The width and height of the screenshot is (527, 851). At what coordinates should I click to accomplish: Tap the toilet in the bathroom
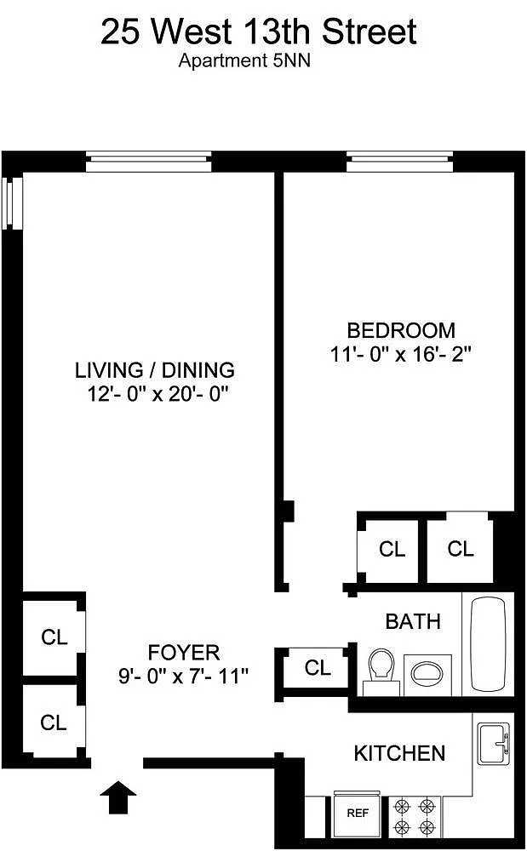382,671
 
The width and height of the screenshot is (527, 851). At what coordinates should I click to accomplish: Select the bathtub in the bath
488,643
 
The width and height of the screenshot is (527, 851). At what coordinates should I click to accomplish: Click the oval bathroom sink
427,673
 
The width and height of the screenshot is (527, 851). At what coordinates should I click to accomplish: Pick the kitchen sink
493,744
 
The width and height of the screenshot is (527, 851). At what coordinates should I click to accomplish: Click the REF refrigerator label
358,813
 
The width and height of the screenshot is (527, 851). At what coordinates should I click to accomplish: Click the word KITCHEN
399,753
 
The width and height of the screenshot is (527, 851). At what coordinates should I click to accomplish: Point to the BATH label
413,621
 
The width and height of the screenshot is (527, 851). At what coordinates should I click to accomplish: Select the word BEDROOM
401,330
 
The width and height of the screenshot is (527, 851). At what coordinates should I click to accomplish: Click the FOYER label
184,652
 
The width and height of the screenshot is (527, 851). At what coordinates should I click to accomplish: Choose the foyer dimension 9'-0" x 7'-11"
183,677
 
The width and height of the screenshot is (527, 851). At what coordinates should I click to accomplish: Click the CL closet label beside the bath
318,667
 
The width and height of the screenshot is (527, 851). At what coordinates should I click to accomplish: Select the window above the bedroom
399,162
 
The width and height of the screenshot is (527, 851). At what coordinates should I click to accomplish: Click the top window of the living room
148,162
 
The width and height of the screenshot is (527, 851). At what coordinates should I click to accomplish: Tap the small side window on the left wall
13,203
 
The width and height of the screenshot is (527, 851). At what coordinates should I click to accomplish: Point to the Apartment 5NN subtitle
245,60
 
